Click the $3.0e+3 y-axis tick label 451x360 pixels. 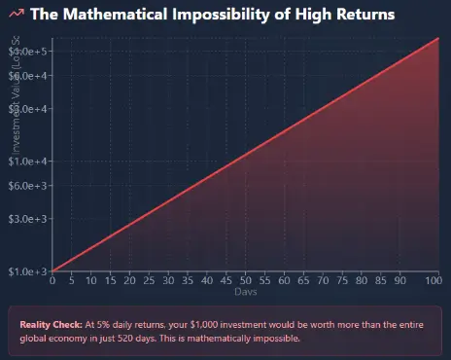click(29, 219)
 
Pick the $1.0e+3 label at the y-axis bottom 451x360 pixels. click(29, 271)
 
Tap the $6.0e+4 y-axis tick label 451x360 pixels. click(29, 76)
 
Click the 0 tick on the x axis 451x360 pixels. click(52, 281)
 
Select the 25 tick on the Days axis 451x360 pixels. click(149, 281)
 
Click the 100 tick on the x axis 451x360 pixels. click(434, 281)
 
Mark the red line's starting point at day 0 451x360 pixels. click(52, 271)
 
